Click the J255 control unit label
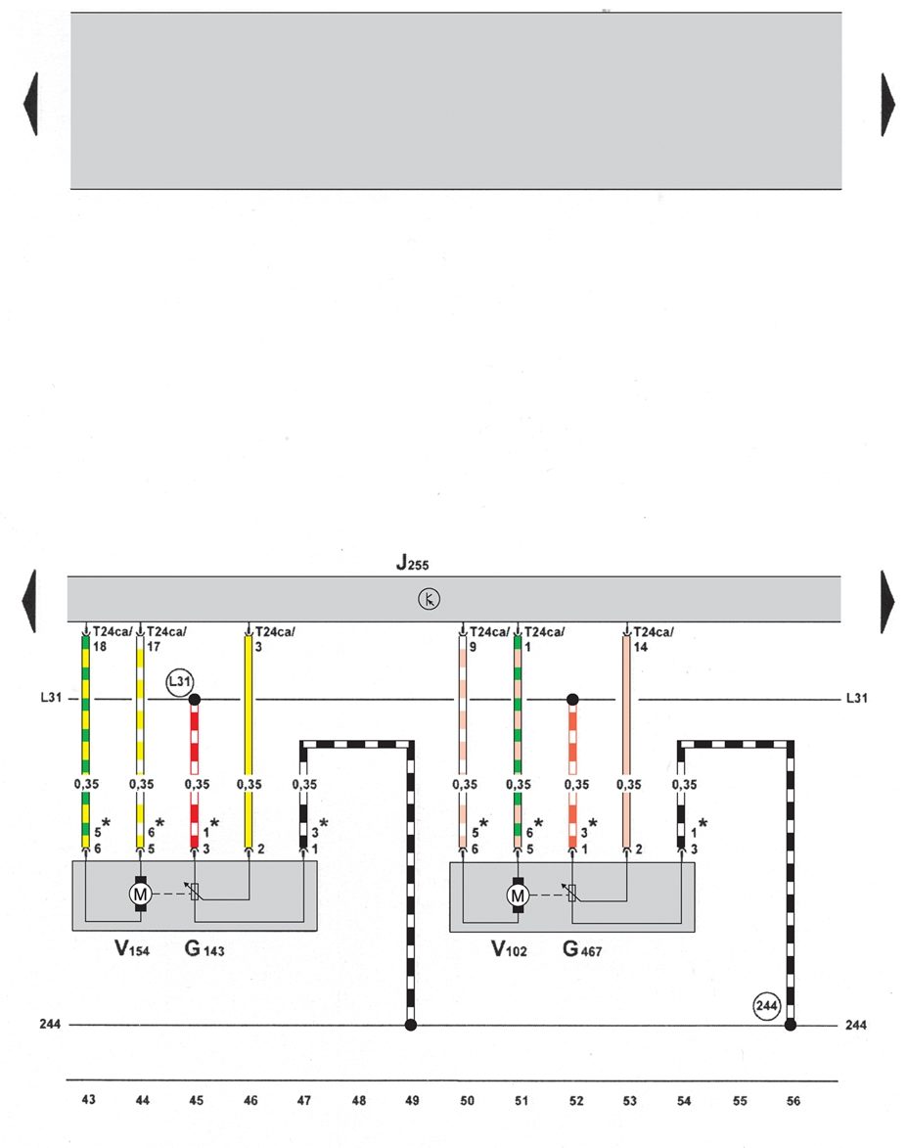[412, 563]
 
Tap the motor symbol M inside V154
[140, 893]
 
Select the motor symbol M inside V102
[518, 894]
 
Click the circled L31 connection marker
[180, 681]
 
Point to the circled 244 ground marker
[766, 1004]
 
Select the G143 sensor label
[204, 948]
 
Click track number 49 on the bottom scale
[412, 1101]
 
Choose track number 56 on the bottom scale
[793, 1101]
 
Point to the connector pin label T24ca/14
[654, 639]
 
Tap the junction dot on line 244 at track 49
[412, 1025]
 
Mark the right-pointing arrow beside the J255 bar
[888, 601]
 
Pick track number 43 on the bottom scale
[89, 1101]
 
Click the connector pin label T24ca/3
[274, 639]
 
